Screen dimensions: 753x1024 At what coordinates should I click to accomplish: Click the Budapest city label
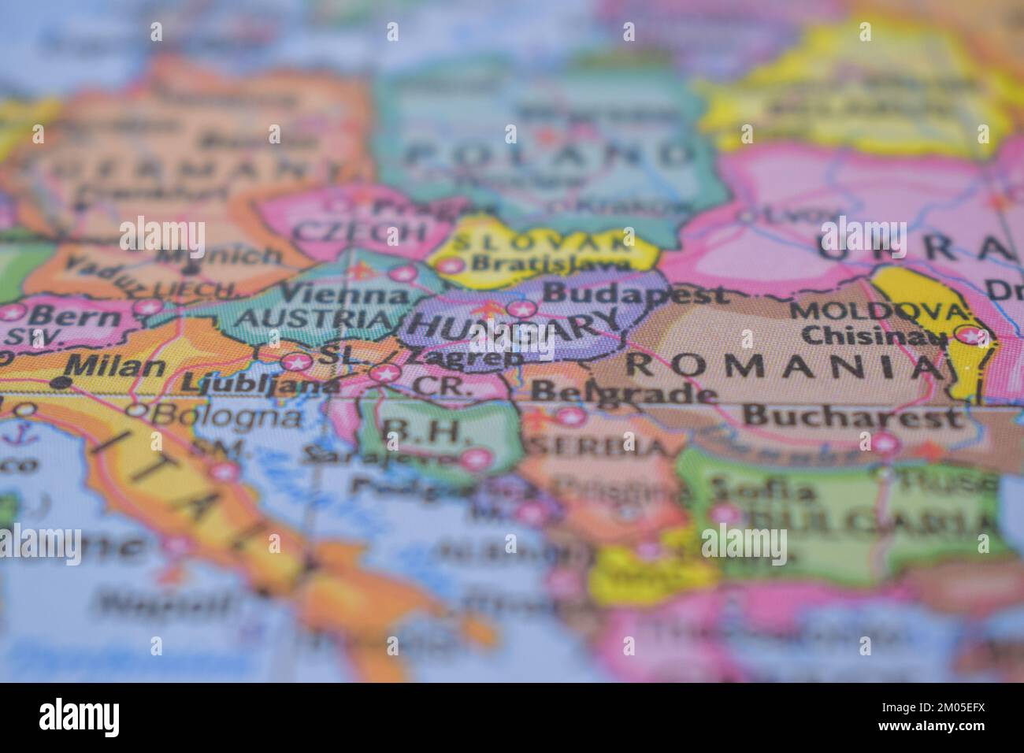[636, 295]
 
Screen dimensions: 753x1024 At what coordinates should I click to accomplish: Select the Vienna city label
[344, 295]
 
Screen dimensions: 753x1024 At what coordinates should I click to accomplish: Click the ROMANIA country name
[777, 365]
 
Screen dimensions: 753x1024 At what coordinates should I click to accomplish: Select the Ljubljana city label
[260, 384]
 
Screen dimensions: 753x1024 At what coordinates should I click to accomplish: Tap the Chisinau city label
[874, 336]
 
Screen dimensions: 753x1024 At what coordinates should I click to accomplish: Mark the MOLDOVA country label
[879, 310]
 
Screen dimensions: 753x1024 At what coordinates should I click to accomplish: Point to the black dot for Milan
[62, 382]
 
